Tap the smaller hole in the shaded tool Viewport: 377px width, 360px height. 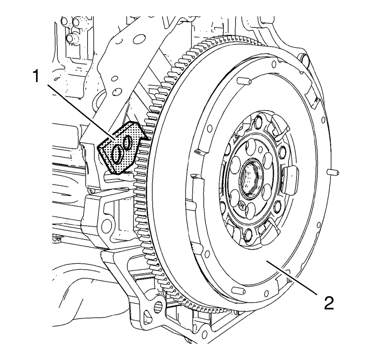pos(128,142)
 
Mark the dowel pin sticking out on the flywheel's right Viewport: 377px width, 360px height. pos(333,172)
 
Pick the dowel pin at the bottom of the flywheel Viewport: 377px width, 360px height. pos(236,290)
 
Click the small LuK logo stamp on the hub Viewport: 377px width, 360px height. pos(242,204)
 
